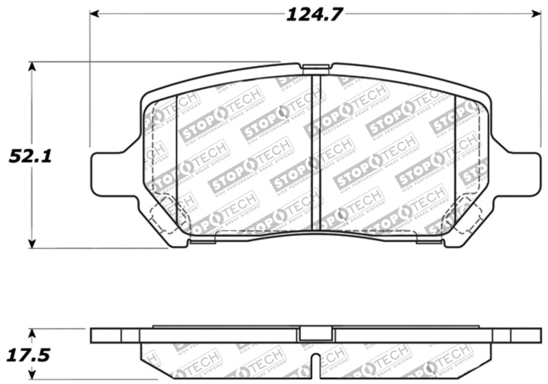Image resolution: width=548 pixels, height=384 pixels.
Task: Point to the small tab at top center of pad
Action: click(x=315, y=68)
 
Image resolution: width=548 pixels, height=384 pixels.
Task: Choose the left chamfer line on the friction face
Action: click(x=177, y=158)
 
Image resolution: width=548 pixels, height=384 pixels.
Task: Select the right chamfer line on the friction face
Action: click(x=456, y=158)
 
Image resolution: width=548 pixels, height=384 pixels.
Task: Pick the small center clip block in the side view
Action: click(x=312, y=334)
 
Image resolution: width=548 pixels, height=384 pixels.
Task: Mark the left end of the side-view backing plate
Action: click(x=96, y=335)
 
